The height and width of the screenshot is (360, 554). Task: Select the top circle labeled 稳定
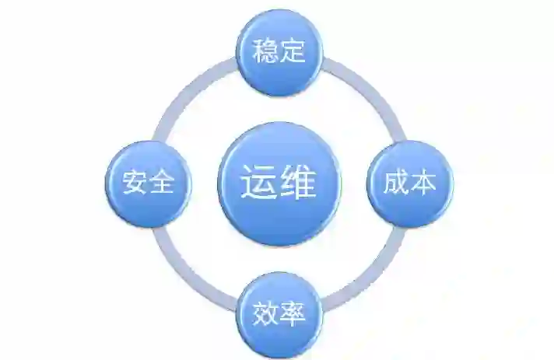279,52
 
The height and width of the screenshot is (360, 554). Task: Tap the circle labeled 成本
410,183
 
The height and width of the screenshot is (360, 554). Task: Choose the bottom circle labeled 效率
279,314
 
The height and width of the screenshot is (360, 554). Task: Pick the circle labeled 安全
148,183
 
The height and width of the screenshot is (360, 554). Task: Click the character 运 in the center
258,183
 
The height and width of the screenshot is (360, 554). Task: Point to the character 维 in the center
299,183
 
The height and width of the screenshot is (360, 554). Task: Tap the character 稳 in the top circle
265,53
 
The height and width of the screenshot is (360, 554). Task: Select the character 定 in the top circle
292,53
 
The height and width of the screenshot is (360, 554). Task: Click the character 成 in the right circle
396,183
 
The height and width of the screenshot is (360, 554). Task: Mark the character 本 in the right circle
423,183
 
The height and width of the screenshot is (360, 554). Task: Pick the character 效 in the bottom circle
265,315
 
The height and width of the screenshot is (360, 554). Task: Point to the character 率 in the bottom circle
292,315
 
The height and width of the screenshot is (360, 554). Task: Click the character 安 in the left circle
134,183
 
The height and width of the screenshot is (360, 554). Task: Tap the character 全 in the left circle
162,183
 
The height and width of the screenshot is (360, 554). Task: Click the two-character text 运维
278,183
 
